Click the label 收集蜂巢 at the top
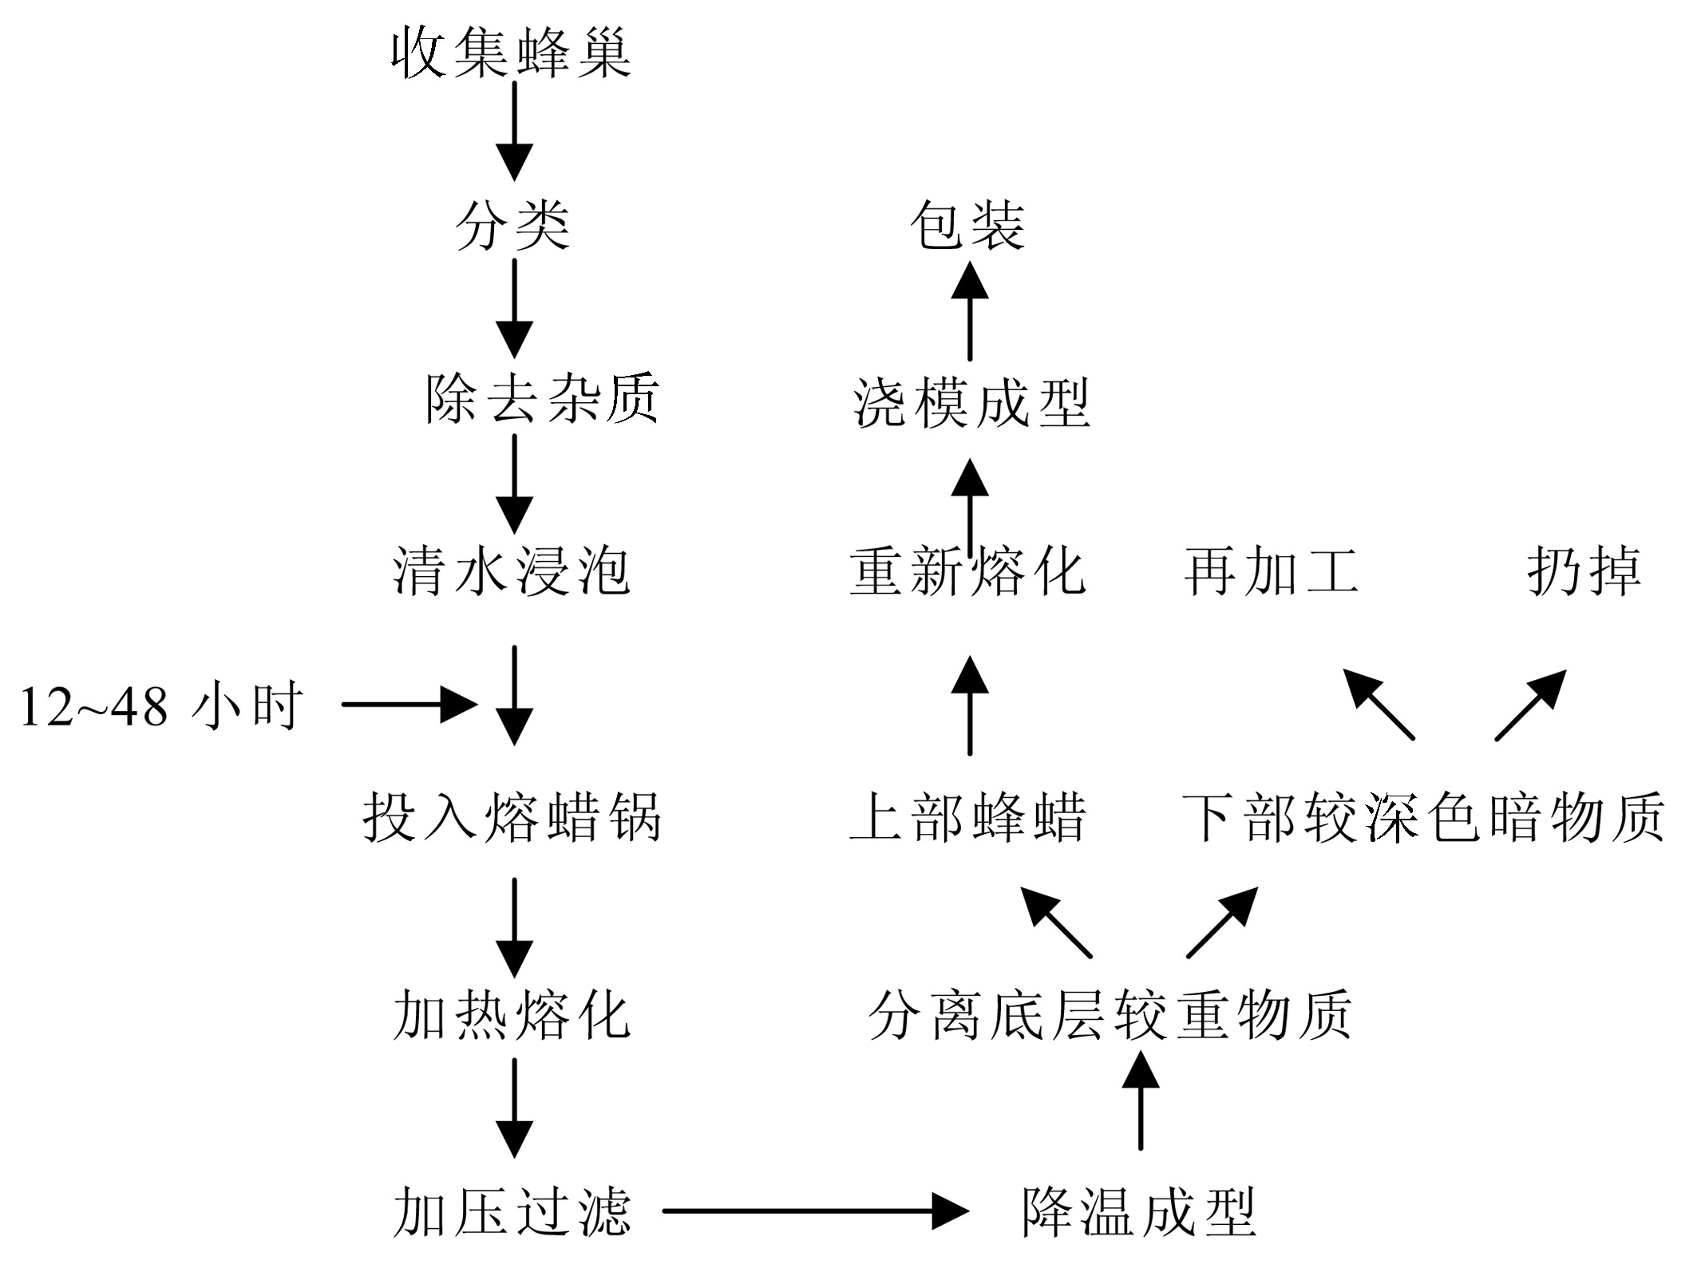tap(512, 53)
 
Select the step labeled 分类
tap(512, 225)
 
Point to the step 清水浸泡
tap(512, 571)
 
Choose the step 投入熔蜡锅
tap(512, 817)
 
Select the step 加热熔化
tap(512, 1016)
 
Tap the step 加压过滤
tap(512, 1212)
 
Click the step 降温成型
tap(1140, 1212)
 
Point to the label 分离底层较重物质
tap(1110, 1016)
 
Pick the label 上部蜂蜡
tap(968, 817)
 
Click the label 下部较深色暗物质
tap(1424, 817)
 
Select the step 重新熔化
tap(968, 571)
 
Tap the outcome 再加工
tap(1272, 571)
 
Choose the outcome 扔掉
tap(1584, 571)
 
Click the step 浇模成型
tap(971, 402)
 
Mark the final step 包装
tap(968, 225)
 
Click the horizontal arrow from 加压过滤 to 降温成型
tap(816, 1211)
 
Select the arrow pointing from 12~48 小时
tap(409, 705)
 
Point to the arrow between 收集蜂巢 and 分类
tap(514, 132)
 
